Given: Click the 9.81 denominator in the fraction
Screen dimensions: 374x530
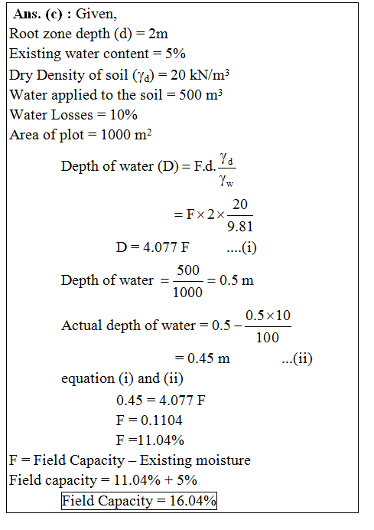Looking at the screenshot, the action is coord(240,226).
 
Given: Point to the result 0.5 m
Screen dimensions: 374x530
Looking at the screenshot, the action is coord(237,280).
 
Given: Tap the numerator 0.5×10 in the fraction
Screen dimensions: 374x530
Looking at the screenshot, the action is coord(268,316).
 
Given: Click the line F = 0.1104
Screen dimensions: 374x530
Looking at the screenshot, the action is coord(148,420).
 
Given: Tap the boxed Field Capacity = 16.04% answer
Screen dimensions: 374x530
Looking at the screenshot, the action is coord(139,501).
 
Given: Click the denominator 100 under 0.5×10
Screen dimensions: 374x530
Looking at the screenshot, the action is coord(268,337).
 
